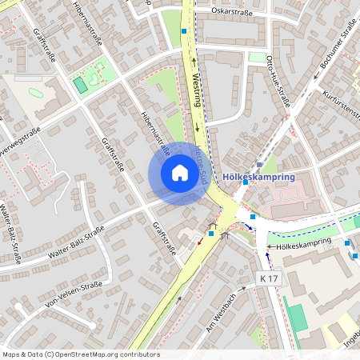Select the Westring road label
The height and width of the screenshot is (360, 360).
pos(197,90)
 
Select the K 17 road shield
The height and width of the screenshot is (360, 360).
pos(270,278)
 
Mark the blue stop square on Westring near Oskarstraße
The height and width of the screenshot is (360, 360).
pos(184,31)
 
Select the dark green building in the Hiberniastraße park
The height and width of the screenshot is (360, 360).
pos(80,85)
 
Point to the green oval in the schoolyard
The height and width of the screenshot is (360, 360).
pos(35,92)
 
